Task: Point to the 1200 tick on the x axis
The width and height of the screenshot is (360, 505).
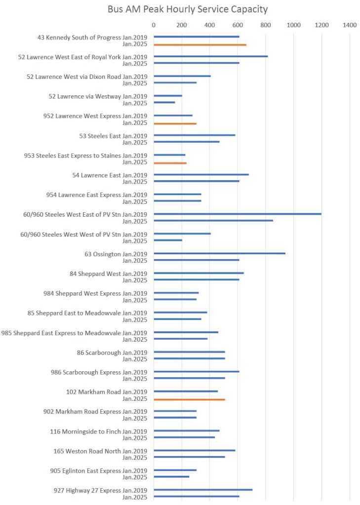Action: [322, 25]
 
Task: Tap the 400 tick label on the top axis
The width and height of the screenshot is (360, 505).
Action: [209, 25]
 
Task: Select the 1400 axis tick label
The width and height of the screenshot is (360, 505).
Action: [350, 25]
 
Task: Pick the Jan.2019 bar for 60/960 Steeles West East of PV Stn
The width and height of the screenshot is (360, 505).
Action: [237, 214]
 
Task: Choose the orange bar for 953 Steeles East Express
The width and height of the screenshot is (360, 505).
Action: [170, 163]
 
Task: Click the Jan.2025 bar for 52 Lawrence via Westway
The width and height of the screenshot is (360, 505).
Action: [164, 103]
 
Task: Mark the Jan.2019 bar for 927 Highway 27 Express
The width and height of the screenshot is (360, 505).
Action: [203, 490]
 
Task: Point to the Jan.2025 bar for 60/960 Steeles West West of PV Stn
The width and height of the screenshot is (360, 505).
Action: [168, 240]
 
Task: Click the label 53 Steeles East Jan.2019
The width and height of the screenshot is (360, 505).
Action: [113, 136]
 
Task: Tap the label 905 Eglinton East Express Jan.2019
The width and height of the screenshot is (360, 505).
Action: [99, 471]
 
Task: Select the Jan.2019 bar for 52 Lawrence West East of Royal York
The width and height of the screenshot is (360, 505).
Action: [210, 56]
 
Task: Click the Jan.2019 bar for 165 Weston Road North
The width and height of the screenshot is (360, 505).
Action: [195, 450]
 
